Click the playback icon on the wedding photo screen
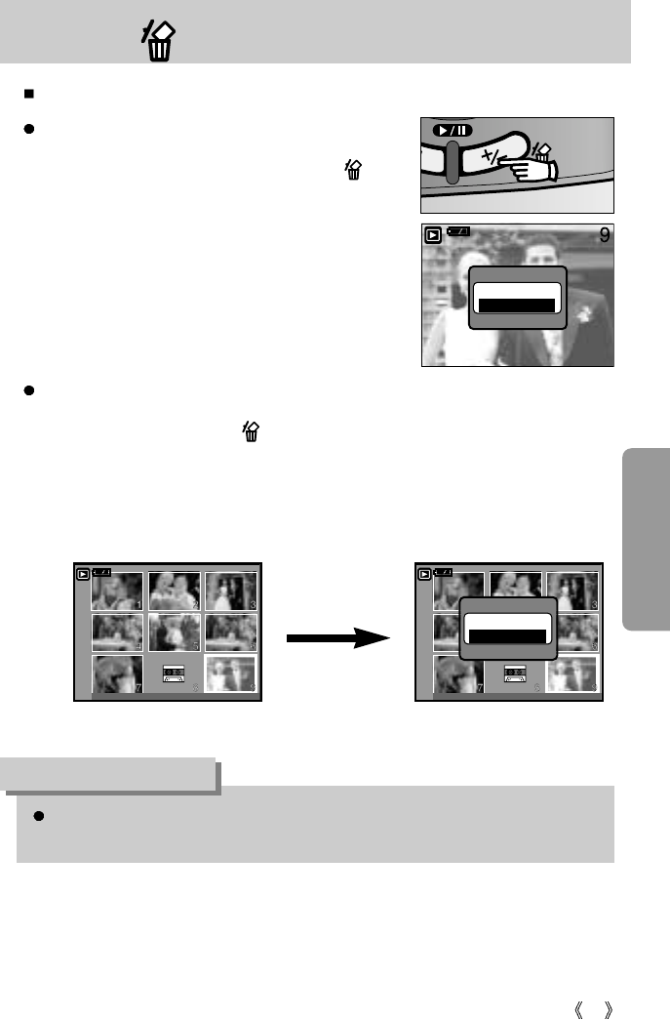pyautogui.click(x=432, y=234)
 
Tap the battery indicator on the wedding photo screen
pyautogui.click(x=458, y=231)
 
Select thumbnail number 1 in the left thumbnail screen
pyautogui.click(x=117, y=591)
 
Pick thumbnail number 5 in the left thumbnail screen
pyautogui.click(x=174, y=632)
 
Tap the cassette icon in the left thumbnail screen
pyautogui.click(x=174, y=673)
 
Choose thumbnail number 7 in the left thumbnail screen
pyautogui.click(x=117, y=673)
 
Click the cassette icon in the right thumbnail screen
pyautogui.click(x=515, y=673)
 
